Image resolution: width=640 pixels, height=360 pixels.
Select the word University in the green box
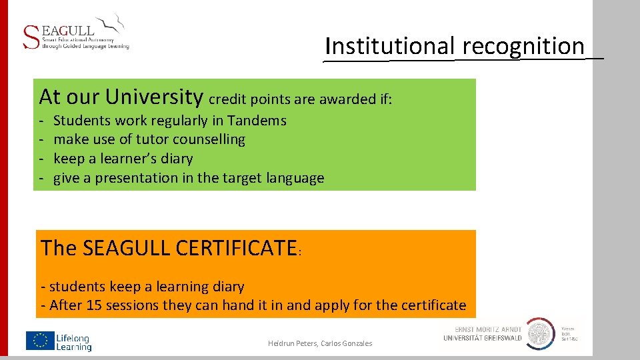coord(153,97)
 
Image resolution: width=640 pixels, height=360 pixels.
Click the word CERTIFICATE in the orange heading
coord(235,248)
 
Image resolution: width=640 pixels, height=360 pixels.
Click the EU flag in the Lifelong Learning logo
coord(39,341)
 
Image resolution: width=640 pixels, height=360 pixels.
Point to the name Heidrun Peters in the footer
coord(292,343)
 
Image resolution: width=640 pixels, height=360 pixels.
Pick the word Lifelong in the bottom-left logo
coord(73,338)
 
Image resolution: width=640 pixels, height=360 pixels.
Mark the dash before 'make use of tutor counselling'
coord(41,140)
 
